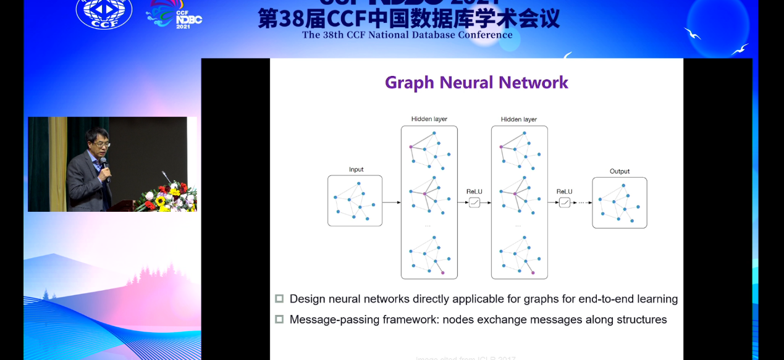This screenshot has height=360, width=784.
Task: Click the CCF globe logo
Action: click(104, 12)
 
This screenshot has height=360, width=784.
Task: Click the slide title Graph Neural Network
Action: click(476, 83)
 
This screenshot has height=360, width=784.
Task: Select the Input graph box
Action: click(355, 201)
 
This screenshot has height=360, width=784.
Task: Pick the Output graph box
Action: click(619, 203)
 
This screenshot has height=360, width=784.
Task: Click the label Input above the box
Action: click(356, 170)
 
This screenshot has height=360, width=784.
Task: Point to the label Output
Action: click(619, 172)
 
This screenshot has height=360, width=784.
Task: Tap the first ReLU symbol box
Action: click(474, 203)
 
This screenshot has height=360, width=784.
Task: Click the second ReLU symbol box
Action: click(564, 203)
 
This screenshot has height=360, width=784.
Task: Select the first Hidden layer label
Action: click(429, 119)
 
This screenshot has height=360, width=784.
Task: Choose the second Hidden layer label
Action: click(519, 119)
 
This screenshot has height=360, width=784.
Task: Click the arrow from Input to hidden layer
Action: click(391, 203)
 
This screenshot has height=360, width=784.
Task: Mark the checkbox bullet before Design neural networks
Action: click(279, 299)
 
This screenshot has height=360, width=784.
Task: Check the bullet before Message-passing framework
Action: click(279, 319)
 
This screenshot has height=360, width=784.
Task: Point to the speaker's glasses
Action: click(101, 144)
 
